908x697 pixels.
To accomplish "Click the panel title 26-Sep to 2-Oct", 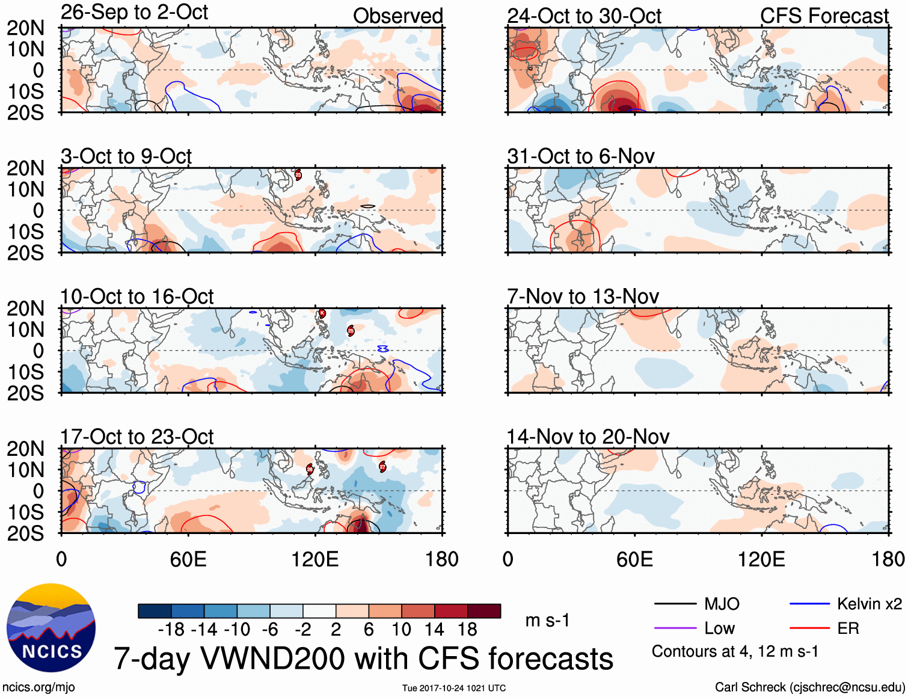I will tap(134, 13).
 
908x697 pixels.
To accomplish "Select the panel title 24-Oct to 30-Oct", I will tap(584, 16).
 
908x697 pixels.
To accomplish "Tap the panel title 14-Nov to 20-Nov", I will tap(588, 437).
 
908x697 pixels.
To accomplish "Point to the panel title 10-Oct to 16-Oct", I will tap(137, 296).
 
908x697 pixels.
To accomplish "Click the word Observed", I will tap(397, 16).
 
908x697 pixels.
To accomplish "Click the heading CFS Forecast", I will tap(824, 16).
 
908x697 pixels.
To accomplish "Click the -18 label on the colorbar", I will tap(171, 630).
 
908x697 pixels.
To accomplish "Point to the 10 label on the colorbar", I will tap(401, 630).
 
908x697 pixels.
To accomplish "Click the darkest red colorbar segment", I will tap(484, 611).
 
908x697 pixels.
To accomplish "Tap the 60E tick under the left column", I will tap(188, 559).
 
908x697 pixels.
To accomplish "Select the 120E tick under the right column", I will tap(761, 559).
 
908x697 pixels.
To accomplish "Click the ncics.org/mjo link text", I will tap(38, 687).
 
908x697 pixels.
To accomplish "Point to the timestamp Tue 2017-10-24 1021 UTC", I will tap(454, 688).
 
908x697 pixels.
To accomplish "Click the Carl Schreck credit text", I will tap(809, 687).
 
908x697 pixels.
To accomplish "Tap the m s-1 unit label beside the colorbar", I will tap(547, 620).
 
